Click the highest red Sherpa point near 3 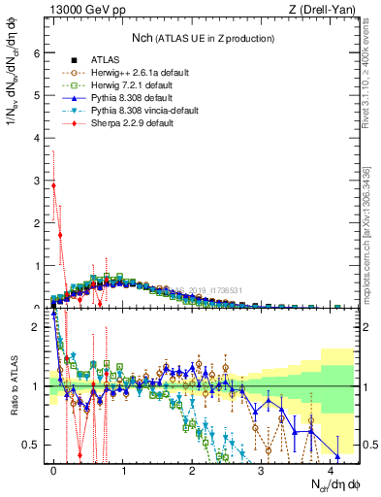pos(54,185)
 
